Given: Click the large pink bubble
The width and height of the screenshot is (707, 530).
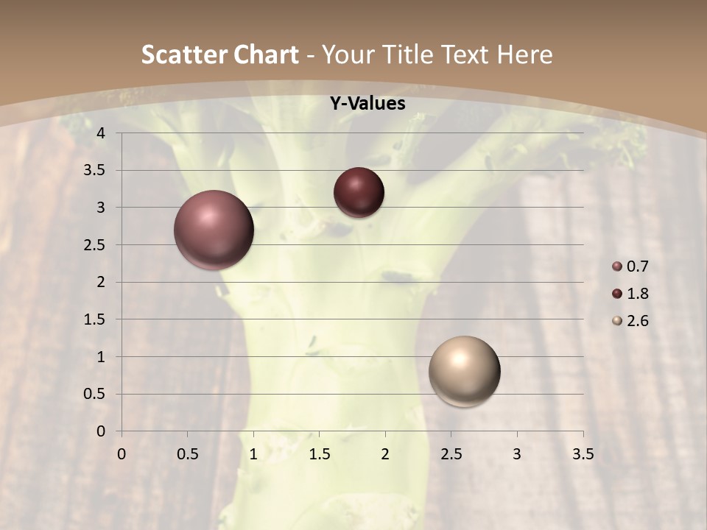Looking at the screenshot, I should click(214, 230).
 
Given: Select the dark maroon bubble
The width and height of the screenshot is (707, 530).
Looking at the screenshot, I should click(359, 192).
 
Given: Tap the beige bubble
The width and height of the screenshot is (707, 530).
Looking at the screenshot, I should click(464, 371).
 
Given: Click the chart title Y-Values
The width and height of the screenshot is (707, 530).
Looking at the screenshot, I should click(367, 103).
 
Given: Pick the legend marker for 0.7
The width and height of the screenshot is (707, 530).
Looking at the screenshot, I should click(617, 266).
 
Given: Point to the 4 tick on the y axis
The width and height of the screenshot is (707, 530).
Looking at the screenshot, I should click(102, 133).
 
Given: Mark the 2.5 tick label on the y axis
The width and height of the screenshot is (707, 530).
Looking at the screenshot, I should click(94, 245).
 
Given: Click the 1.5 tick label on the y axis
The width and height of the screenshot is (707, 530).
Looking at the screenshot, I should click(94, 319).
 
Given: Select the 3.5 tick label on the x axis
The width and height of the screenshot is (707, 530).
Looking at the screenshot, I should click(583, 454).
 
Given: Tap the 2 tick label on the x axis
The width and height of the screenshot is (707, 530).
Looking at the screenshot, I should click(385, 454).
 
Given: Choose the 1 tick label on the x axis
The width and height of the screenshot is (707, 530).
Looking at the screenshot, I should click(253, 454).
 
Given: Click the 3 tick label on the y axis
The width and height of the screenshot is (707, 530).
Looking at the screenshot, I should click(102, 208).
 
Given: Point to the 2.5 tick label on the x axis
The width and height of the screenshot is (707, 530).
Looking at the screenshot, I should click(451, 454).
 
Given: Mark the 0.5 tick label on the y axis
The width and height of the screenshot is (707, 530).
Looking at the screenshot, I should click(94, 394).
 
